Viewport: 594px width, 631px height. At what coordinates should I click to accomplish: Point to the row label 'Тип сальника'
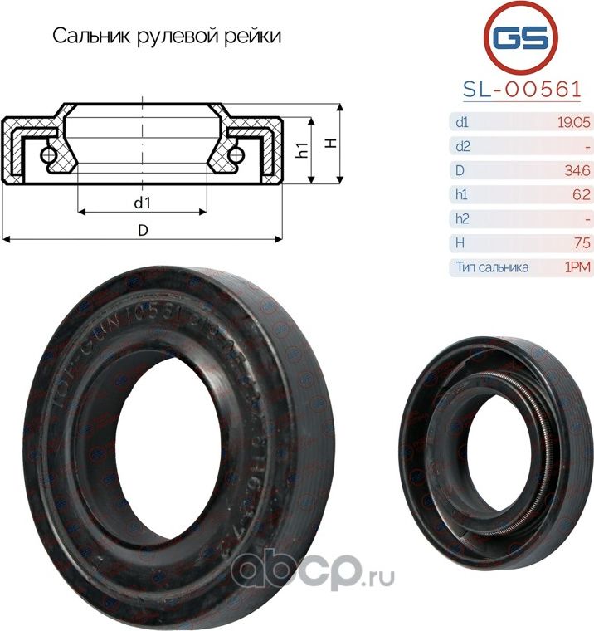point(492,267)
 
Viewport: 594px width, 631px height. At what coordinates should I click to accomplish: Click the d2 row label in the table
point(463,147)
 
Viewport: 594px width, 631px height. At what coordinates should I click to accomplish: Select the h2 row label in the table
point(463,219)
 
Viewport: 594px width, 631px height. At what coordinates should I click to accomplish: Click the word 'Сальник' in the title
point(87,37)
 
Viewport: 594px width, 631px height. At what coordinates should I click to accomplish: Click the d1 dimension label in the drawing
point(142,200)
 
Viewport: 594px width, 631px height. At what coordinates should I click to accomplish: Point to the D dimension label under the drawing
point(142,231)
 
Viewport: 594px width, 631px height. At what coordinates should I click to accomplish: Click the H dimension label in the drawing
point(331,144)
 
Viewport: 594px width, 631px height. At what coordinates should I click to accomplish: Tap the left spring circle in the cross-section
point(50,154)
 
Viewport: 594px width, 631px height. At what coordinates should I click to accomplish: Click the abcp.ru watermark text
point(311,571)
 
